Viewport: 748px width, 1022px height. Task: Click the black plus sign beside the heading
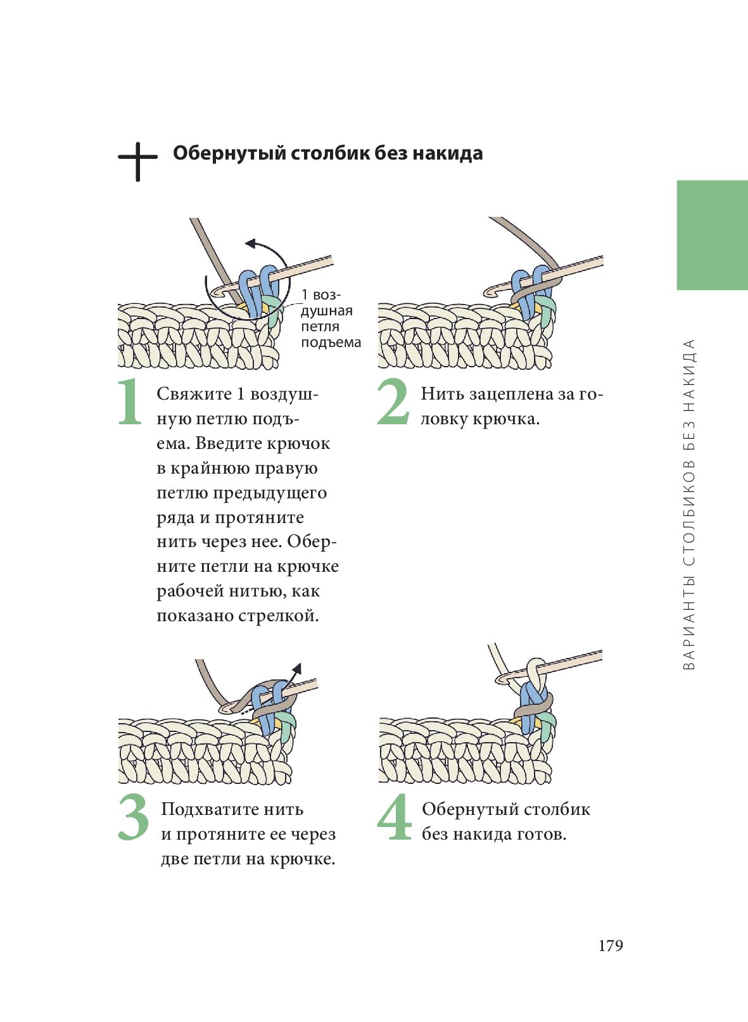137,161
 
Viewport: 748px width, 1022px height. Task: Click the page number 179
611,946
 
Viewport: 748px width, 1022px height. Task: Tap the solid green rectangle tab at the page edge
712,235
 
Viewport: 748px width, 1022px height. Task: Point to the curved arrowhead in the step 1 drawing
250,243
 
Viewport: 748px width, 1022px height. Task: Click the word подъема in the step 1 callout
331,343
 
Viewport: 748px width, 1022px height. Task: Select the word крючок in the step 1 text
298,443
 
